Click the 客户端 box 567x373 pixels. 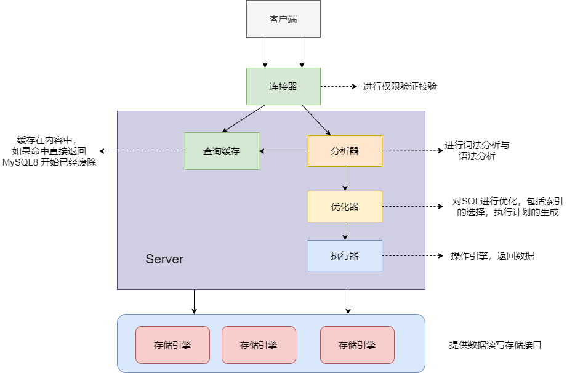click(x=283, y=19)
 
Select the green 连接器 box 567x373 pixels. click(x=283, y=86)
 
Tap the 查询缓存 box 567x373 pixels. click(x=222, y=151)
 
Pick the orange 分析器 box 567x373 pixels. click(x=345, y=151)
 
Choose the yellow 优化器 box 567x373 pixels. click(x=345, y=206)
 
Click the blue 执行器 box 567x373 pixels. click(x=345, y=255)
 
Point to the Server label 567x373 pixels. click(x=164, y=259)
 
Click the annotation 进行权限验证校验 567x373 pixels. click(x=400, y=87)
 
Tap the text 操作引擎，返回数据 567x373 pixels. click(x=492, y=256)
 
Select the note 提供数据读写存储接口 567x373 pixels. click(x=495, y=345)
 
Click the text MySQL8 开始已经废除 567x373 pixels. click(x=49, y=162)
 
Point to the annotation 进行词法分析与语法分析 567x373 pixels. click(x=477, y=151)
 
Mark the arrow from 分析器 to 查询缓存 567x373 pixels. click(x=283, y=151)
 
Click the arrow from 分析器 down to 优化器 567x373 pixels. click(x=345, y=178)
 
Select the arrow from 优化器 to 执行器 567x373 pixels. click(x=345, y=231)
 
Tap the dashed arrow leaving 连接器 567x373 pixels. click(x=339, y=86)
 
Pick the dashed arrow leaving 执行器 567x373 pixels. click(x=412, y=255)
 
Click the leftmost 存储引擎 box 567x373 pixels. click(x=172, y=345)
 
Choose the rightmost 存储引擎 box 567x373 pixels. click(x=357, y=345)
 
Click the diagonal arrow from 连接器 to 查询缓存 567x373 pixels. click(x=243, y=119)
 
